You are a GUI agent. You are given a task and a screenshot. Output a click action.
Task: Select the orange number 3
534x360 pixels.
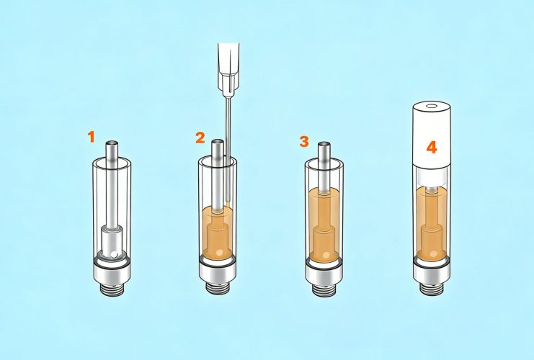(304, 140)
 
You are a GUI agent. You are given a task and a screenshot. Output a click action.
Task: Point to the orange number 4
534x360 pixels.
(432, 148)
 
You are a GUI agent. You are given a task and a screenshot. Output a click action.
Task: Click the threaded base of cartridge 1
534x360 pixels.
(113, 287)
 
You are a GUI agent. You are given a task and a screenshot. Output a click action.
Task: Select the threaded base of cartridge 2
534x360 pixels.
(218, 287)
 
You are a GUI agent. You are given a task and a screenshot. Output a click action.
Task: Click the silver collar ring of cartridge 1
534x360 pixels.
(113, 269)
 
